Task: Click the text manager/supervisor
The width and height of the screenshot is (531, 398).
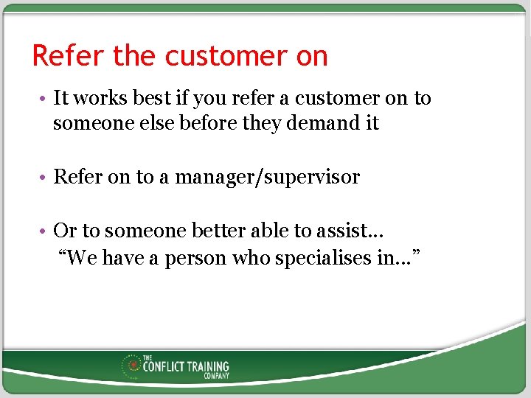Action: pos(267,177)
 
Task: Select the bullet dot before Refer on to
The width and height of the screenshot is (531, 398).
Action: pos(44,178)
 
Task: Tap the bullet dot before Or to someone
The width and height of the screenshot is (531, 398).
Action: pos(44,232)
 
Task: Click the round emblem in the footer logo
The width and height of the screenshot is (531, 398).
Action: pos(133,365)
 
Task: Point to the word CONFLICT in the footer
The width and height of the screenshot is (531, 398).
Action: pos(163,366)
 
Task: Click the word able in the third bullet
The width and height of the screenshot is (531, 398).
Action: pos(272,231)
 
